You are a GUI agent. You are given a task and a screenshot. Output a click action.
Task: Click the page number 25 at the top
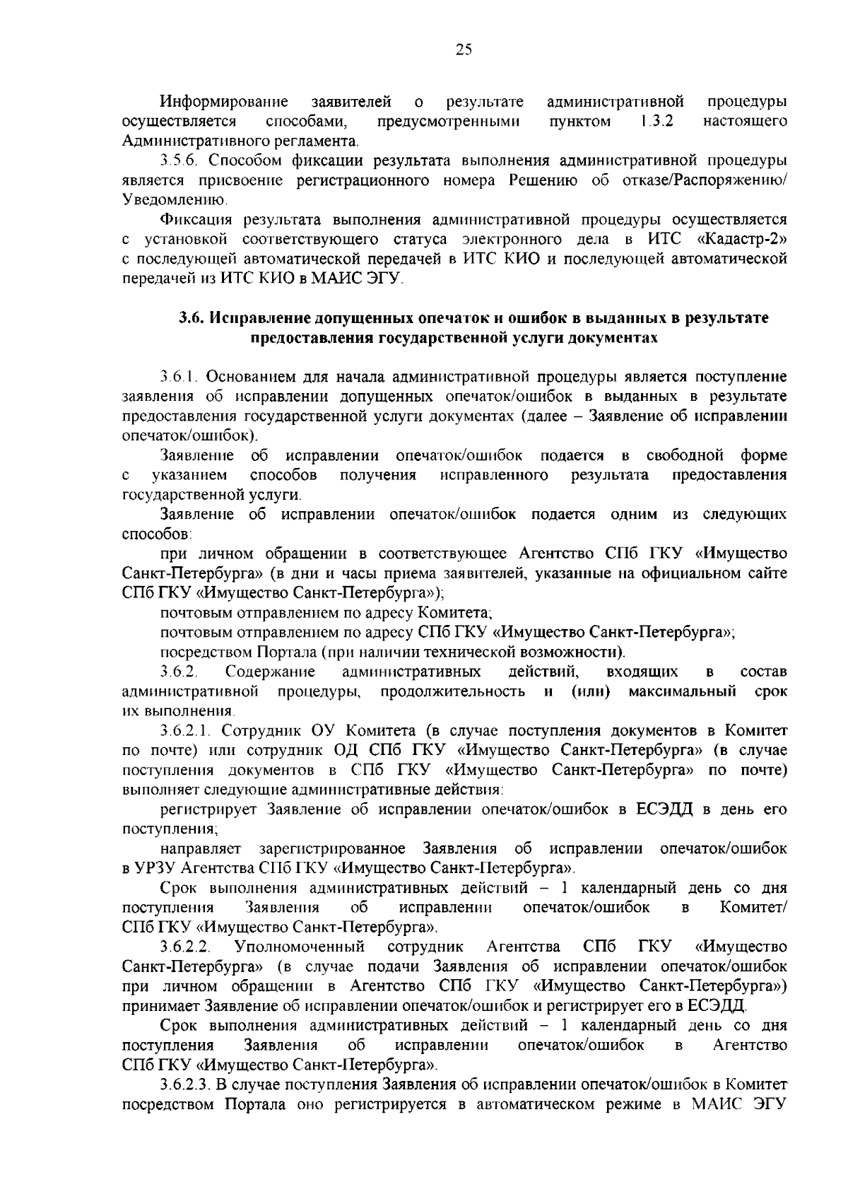tap(463, 49)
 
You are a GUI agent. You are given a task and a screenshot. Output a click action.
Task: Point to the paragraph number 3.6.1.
tap(179, 378)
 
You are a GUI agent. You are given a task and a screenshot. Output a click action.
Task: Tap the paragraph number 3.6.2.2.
tap(186, 947)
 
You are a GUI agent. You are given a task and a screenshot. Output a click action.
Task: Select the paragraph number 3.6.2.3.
tap(186, 1103)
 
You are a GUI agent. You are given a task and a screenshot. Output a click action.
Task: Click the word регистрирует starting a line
tap(207, 809)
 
